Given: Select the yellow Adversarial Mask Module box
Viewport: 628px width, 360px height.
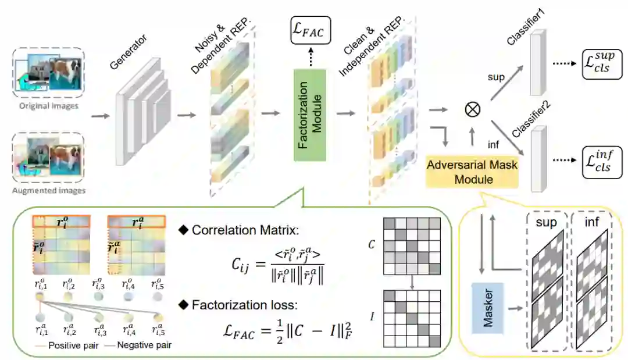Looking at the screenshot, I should [x=472, y=171].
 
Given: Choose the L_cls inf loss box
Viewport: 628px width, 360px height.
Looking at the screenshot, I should [x=601, y=157].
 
